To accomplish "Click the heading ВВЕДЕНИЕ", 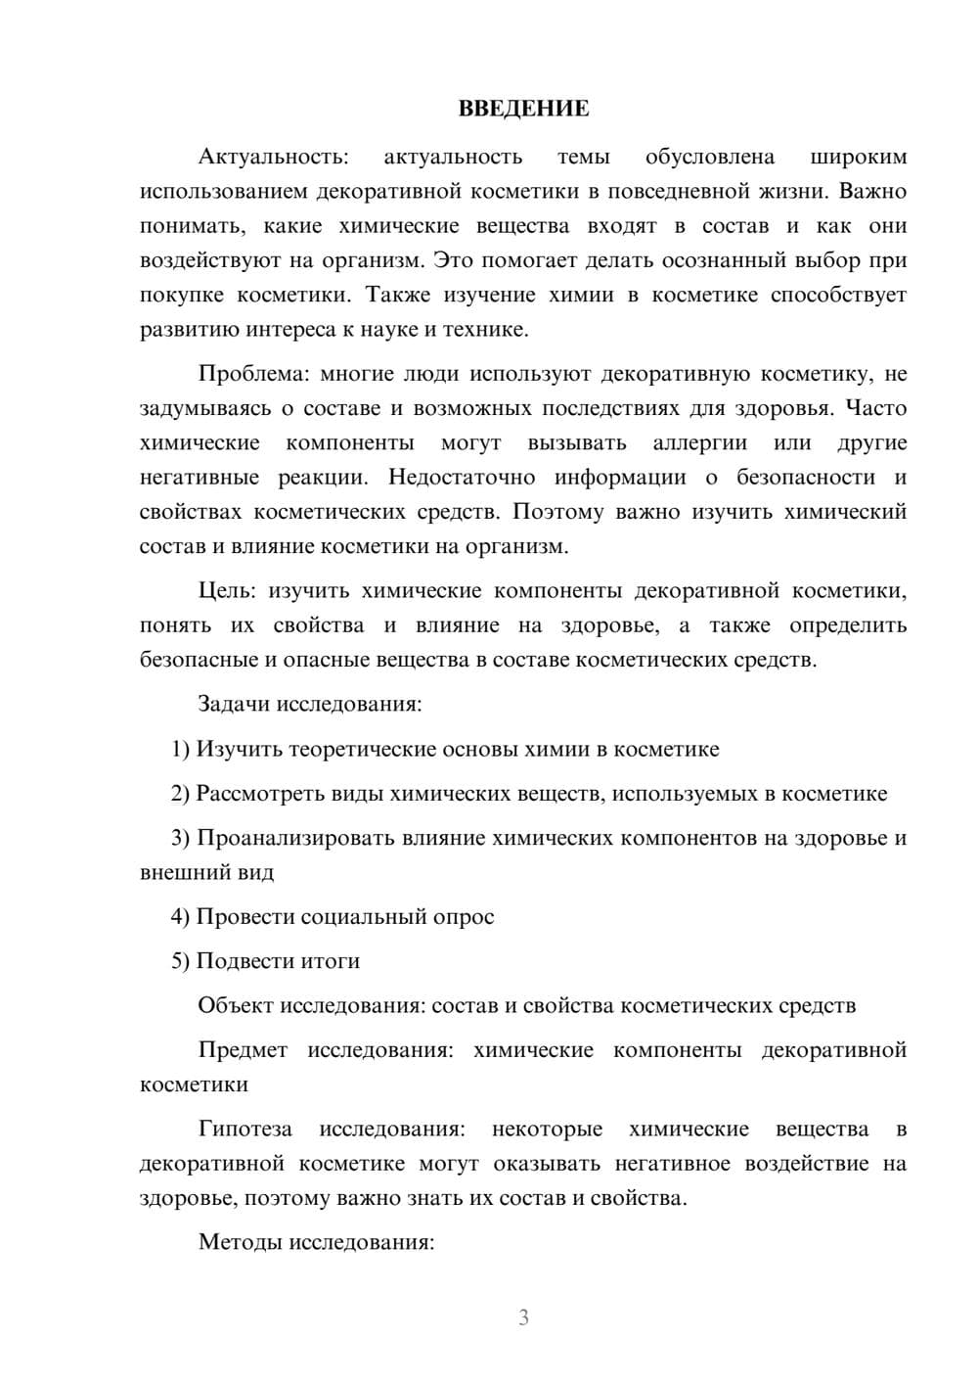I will (523, 109).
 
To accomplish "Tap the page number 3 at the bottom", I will (523, 1317).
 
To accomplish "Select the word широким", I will (859, 157).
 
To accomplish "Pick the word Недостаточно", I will (462, 477).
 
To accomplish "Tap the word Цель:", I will (227, 590).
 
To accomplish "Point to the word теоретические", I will (359, 749).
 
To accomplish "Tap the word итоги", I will (330, 961).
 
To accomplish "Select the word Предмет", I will (243, 1050).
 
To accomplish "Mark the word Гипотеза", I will (244, 1129).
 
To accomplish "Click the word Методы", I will (235, 1242).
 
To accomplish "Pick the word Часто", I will (875, 408).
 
